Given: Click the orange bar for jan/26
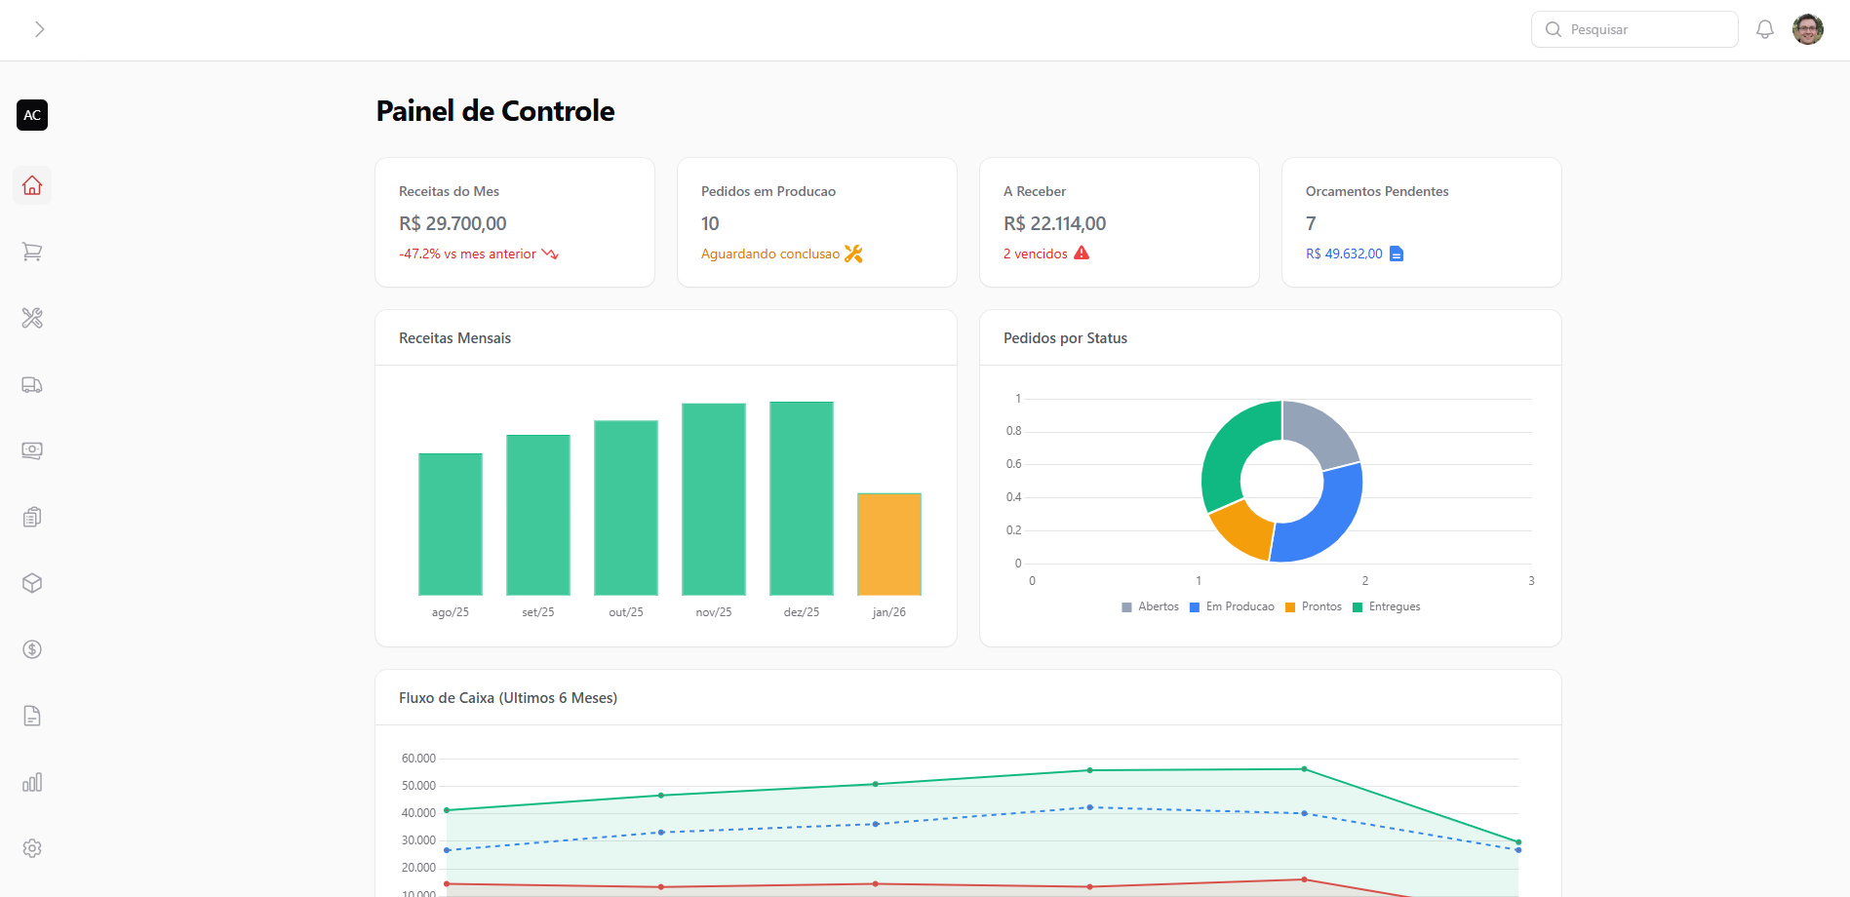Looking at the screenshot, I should click(x=888, y=544).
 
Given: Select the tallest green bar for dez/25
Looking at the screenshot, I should click(x=801, y=498).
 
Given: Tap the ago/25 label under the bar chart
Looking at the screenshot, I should click(x=450, y=612).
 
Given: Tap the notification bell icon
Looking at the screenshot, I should click(x=1764, y=29).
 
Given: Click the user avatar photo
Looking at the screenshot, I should click(x=1807, y=29).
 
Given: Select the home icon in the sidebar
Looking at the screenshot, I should click(x=32, y=185).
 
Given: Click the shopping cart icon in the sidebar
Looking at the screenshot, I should click(x=32, y=252).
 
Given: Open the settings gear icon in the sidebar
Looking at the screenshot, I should click(x=32, y=848).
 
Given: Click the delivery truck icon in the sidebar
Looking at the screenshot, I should click(x=32, y=384).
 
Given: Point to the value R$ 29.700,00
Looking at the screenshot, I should click(x=453, y=223).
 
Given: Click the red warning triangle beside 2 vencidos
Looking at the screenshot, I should click(x=1082, y=253).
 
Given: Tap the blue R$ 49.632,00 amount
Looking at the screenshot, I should click(x=1344, y=253).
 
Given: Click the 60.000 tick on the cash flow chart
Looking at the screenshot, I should click(x=418, y=759).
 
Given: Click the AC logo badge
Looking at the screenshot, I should click(x=32, y=115).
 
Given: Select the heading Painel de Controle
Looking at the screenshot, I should click(x=494, y=111).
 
